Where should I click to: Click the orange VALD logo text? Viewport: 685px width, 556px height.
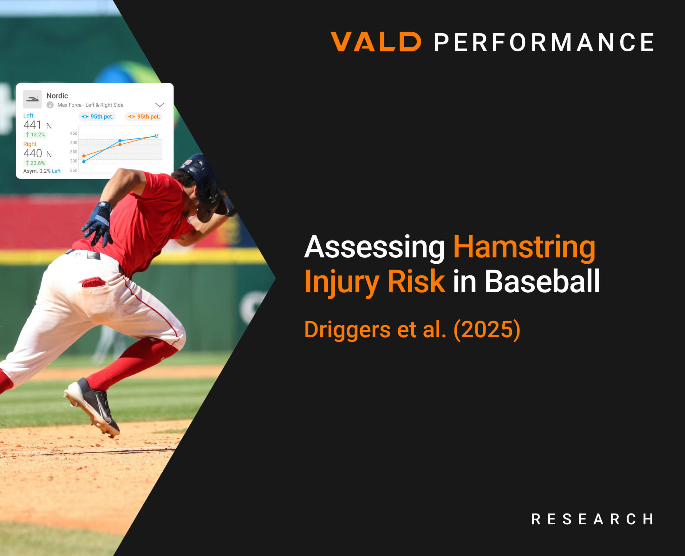pos(376,42)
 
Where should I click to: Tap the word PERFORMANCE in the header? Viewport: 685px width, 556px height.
pos(544,42)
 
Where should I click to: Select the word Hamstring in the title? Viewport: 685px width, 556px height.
pos(524,247)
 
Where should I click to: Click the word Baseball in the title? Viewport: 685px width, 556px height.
pos(542,281)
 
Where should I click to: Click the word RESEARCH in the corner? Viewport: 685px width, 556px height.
pos(592,519)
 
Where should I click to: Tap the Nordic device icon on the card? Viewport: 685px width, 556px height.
pos(32,99)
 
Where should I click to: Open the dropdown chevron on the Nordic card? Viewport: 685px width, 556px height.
pos(160,105)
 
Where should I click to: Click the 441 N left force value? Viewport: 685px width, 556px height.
pos(37,125)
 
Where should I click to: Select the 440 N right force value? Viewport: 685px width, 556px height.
pos(37,153)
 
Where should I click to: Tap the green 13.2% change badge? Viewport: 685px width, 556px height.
pos(35,135)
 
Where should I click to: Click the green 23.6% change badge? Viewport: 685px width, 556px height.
pos(35,163)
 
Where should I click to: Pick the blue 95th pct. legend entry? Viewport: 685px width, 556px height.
pos(97,117)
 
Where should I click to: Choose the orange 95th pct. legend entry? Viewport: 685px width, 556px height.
pos(144,117)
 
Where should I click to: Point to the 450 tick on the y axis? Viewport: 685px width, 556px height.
pos(74,133)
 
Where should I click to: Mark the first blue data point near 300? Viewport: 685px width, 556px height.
pos(84,162)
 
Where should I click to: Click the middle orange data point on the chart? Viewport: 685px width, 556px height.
pos(120,145)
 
